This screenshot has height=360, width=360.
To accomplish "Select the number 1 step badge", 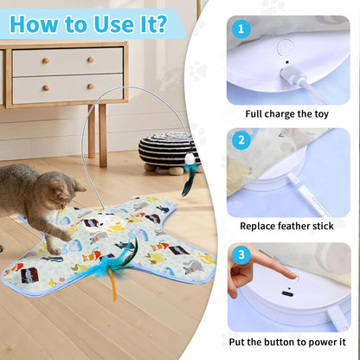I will [x=242, y=29].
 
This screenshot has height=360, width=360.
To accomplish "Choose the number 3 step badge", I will [x=242, y=255].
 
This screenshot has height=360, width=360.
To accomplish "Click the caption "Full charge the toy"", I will [x=292, y=113].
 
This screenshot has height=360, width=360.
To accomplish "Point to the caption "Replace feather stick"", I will [x=292, y=227].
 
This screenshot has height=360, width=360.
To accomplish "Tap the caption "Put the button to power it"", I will [x=292, y=341].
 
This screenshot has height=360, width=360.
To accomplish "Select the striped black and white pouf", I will [x=169, y=149].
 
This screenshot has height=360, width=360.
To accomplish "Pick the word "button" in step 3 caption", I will [x=286, y=341].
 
